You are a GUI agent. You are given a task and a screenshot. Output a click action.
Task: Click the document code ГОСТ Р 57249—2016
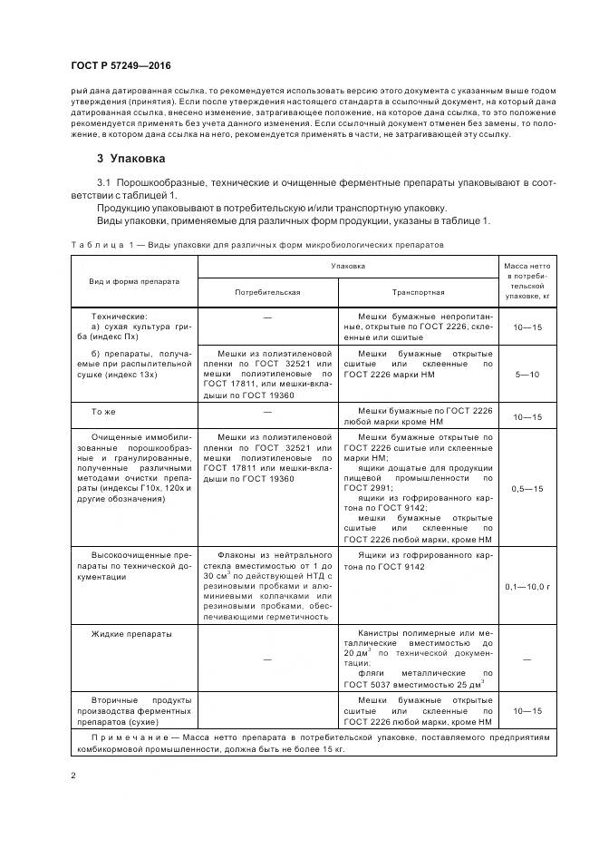(x=121, y=67)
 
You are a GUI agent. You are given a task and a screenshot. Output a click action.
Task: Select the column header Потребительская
(x=267, y=293)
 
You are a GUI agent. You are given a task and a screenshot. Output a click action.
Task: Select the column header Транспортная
(x=418, y=293)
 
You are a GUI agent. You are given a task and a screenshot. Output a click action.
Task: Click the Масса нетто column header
(x=527, y=280)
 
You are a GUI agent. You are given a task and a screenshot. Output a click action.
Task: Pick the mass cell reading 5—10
(x=527, y=375)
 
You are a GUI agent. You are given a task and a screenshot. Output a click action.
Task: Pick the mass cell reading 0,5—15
(x=527, y=489)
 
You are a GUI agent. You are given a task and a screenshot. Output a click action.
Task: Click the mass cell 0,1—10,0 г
(x=527, y=586)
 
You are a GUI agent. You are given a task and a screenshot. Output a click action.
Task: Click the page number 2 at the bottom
(x=72, y=776)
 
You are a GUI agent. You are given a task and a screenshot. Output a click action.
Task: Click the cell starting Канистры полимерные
(x=418, y=659)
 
